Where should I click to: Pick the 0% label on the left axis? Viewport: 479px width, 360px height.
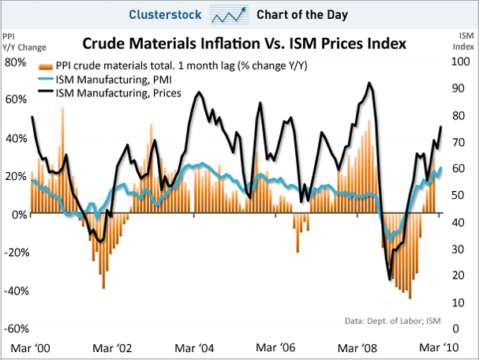21,214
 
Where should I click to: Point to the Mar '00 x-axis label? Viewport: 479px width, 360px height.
29,348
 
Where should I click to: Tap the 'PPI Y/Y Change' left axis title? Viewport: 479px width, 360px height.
19,41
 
